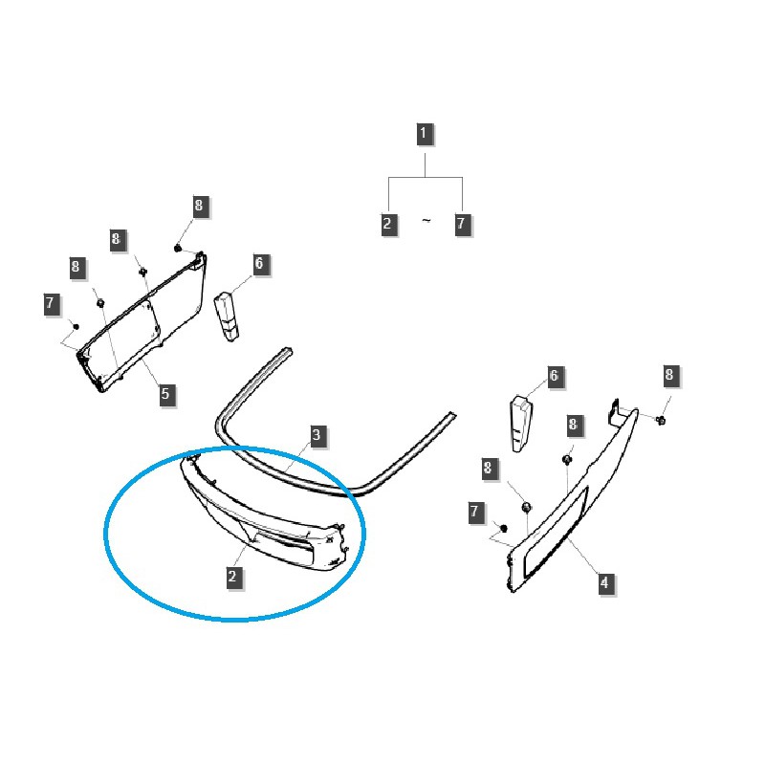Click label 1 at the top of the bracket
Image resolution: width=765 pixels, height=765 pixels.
pyautogui.click(x=424, y=133)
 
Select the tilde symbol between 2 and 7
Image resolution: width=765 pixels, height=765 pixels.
pyautogui.click(x=426, y=222)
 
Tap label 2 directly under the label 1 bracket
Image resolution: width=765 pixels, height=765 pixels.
pyautogui.click(x=387, y=225)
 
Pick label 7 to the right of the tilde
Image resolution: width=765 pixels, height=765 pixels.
pyautogui.click(x=463, y=225)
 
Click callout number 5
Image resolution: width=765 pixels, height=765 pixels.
pyautogui.click(x=165, y=394)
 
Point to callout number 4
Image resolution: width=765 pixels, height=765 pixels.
pyautogui.click(x=604, y=582)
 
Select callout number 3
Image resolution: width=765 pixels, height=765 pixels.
pyautogui.click(x=317, y=437)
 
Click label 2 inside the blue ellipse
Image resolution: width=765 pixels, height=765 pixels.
pyautogui.click(x=232, y=577)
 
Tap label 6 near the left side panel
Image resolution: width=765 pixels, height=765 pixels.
pyautogui.click(x=259, y=263)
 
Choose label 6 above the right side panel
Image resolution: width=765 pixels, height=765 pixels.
pyautogui.click(x=553, y=377)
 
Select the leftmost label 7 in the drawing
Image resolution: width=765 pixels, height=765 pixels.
pyautogui.click(x=52, y=305)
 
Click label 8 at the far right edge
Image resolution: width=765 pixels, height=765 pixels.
pyautogui.click(x=669, y=376)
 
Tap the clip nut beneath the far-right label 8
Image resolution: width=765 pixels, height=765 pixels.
pyautogui.click(x=661, y=420)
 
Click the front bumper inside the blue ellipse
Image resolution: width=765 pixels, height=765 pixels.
pyautogui.click(x=258, y=516)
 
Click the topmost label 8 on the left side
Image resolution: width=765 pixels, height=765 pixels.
pyautogui.click(x=199, y=206)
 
